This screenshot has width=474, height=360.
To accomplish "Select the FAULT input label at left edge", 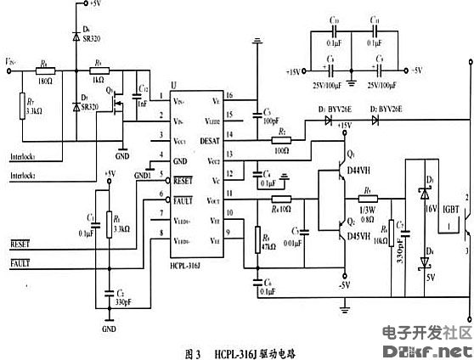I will coord(20,265).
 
